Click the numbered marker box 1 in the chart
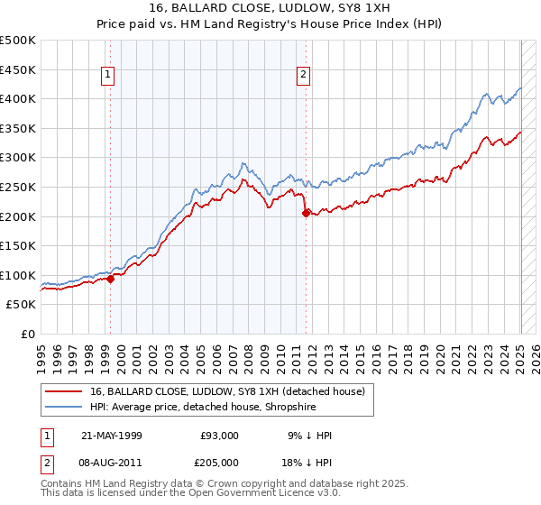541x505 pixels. coord(108,76)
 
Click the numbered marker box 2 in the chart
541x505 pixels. coord(304,76)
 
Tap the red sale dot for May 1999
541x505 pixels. coord(110,279)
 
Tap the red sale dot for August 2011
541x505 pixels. coord(306,213)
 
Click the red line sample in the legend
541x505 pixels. coord(65,391)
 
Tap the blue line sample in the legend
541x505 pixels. coord(65,407)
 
